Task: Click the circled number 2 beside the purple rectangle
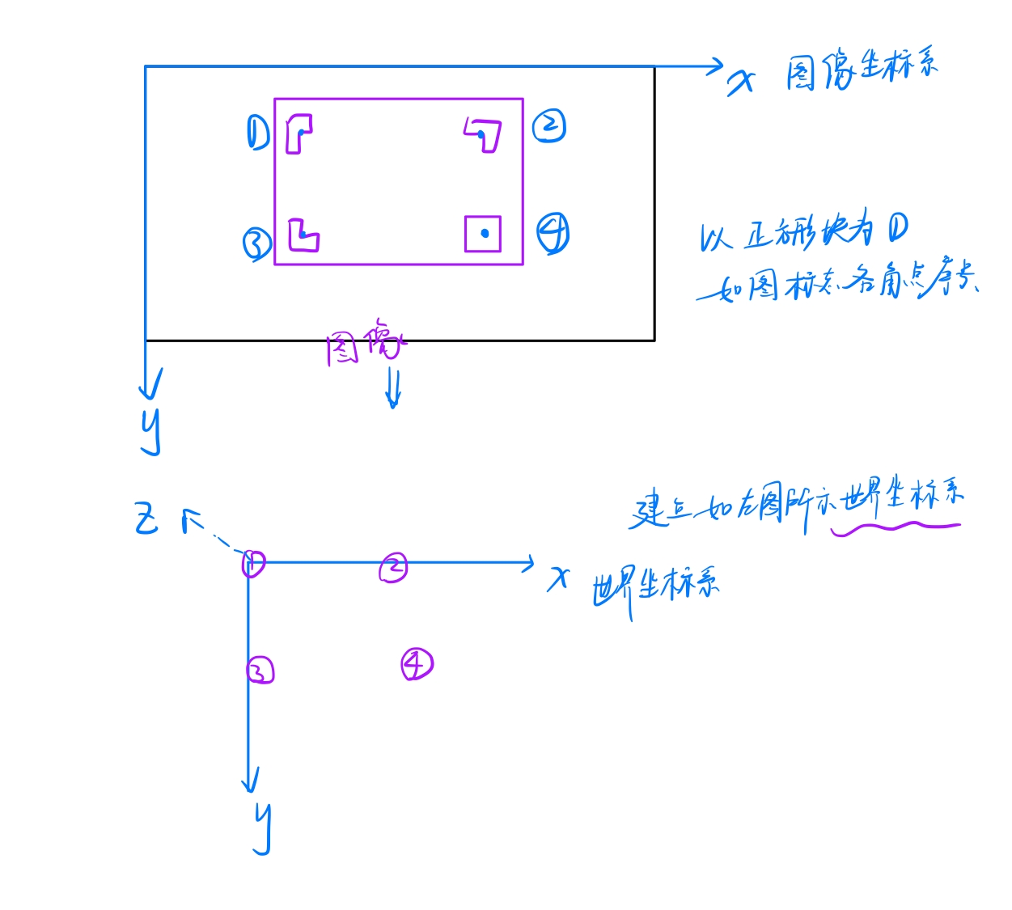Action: pos(549,126)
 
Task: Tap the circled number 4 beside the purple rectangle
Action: pos(553,234)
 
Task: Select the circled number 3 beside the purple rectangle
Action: pos(257,243)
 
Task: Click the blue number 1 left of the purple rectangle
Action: pos(257,133)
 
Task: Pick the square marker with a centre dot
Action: pos(483,234)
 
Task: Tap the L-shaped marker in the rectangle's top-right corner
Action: pos(484,134)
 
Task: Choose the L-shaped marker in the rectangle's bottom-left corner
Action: pos(303,235)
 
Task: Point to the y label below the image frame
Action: pos(151,431)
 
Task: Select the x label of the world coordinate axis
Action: pos(558,578)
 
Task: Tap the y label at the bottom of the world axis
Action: pos(262,828)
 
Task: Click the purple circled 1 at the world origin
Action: pos(253,562)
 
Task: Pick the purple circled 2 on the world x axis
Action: pos(394,568)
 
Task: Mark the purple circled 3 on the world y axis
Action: pos(260,670)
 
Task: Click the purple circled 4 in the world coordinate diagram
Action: pos(417,664)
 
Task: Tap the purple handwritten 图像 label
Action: pos(364,344)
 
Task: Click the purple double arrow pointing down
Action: pos(393,387)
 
